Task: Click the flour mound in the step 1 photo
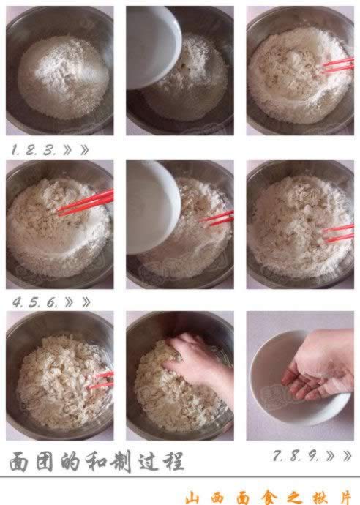61,69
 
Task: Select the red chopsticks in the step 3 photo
337,64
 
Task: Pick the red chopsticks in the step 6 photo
338,233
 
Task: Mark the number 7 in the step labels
278,455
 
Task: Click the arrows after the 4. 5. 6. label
77,302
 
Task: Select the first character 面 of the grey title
19,462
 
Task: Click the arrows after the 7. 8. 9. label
338,455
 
